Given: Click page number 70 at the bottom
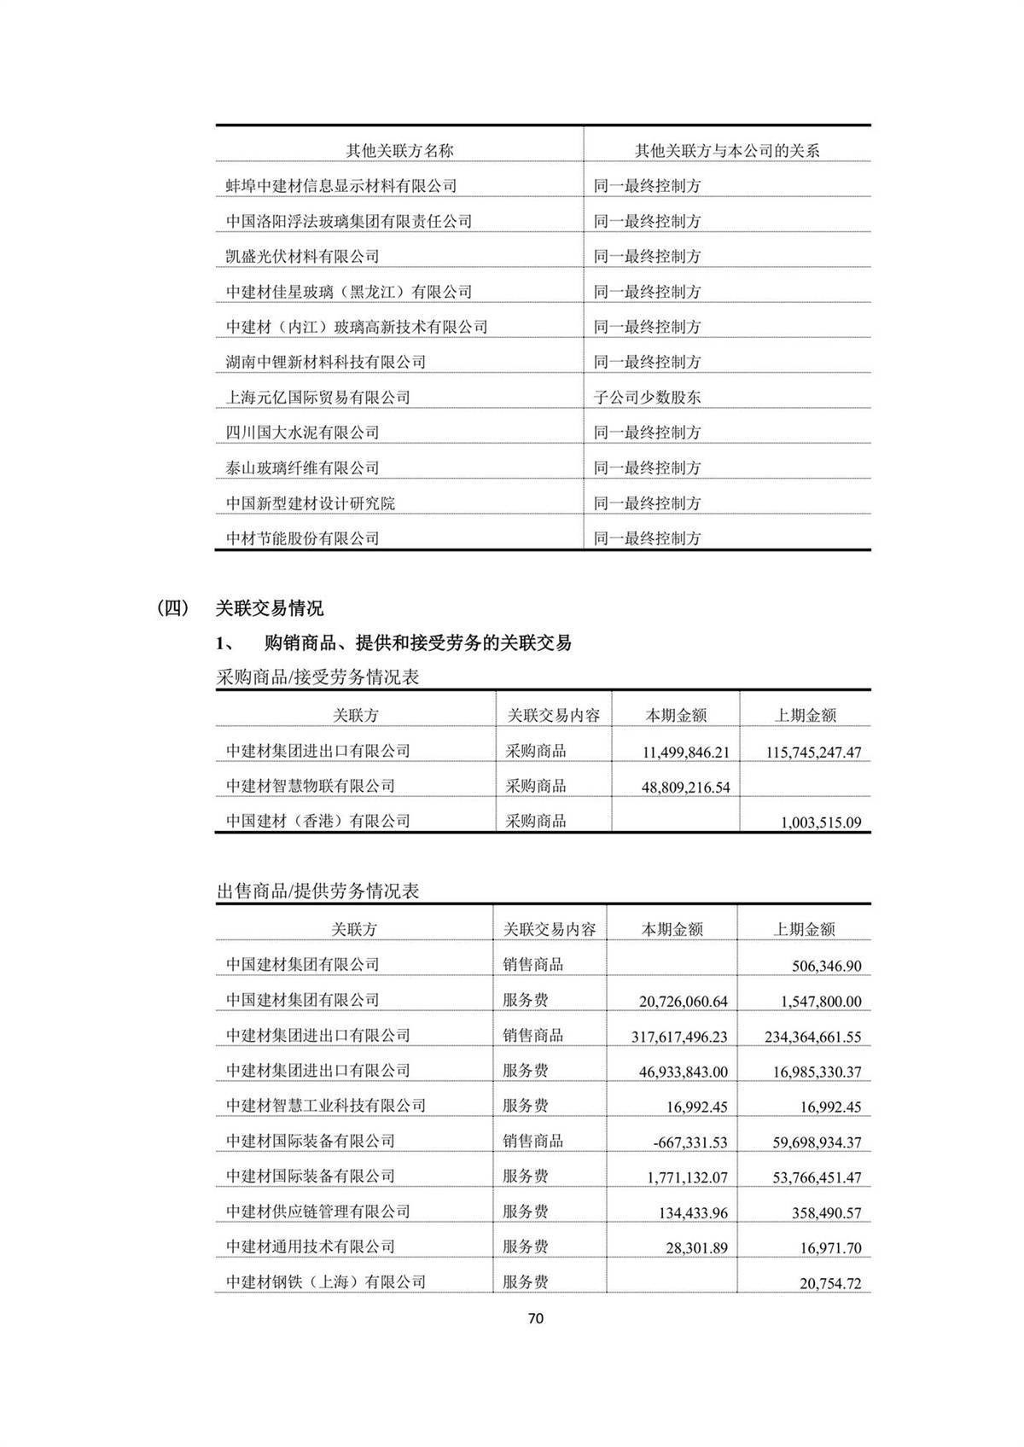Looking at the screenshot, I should coord(536,1318).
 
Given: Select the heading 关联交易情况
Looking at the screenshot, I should coord(269,608).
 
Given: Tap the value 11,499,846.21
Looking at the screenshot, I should coord(685,753).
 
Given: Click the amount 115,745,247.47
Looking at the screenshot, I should coord(813,753).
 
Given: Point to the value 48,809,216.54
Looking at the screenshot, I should coord(685,787).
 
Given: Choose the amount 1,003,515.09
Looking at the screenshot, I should coord(821,823).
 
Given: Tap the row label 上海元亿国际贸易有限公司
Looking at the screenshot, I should coord(317,398).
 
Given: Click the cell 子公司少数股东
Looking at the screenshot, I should coord(647,398).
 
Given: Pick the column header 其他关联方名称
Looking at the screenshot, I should coord(399,151).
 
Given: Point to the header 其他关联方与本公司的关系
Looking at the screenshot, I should coord(726,151).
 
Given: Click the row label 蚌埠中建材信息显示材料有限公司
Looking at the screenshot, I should coord(340,186).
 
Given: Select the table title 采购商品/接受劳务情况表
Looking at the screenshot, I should coord(317,678).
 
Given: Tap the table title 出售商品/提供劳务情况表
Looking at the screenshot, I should coord(317,892).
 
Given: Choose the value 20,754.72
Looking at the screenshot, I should coord(829,1283).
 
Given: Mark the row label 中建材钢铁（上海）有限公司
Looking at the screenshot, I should coord(325,1281).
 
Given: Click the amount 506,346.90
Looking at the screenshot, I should coord(826,967).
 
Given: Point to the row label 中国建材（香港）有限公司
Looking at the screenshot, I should coord(317,821).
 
